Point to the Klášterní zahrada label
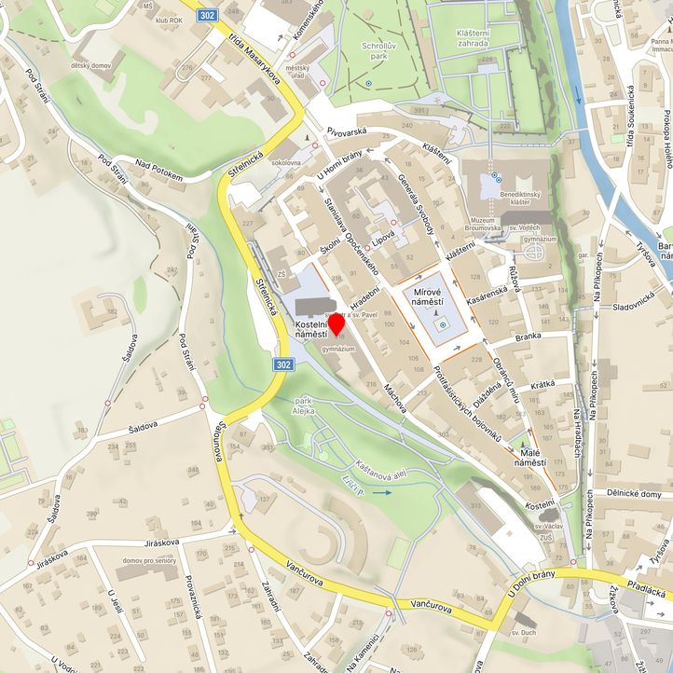tap(479, 37)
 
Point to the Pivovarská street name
tap(347, 132)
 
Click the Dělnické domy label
tap(633, 494)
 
